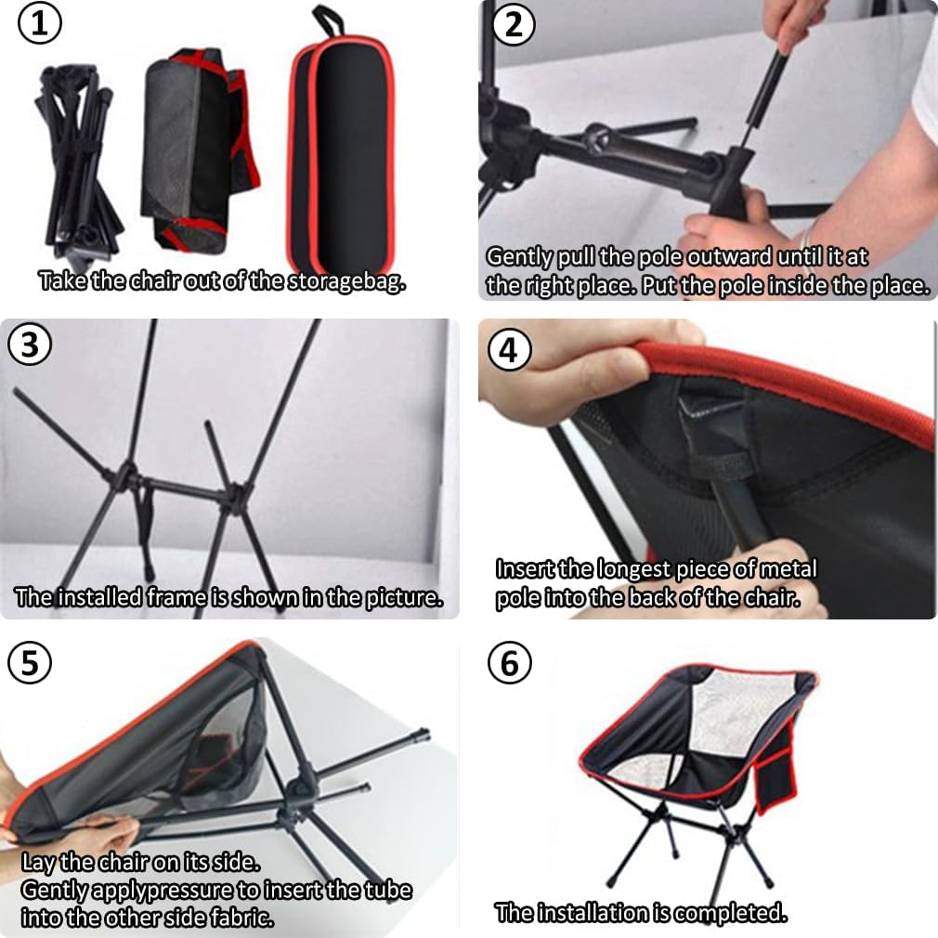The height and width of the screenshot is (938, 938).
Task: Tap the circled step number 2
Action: [x=514, y=24]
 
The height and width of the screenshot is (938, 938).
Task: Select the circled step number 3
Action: [x=30, y=345]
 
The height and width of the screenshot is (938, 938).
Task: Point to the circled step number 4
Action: [x=510, y=350]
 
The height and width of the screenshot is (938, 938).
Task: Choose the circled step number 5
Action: [x=30, y=663]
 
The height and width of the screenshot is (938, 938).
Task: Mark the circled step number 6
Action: [x=510, y=663]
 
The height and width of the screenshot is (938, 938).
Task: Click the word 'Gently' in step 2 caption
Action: [x=518, y=257]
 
